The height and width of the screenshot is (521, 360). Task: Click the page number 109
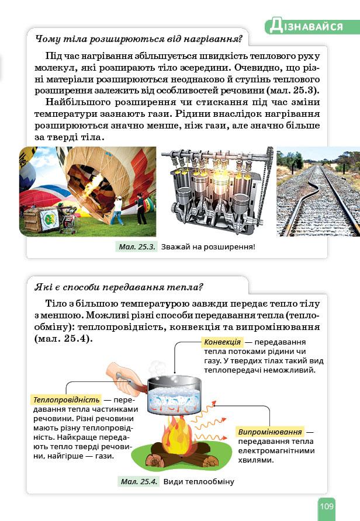(x=326, y=506)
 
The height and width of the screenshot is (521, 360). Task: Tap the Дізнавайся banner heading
(x=312, y=26)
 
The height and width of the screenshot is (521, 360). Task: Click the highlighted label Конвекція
(x=222, y=342)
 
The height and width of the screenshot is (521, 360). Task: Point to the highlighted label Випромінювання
(x=270, y=432)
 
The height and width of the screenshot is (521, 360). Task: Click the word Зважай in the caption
(x=174, y=247)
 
